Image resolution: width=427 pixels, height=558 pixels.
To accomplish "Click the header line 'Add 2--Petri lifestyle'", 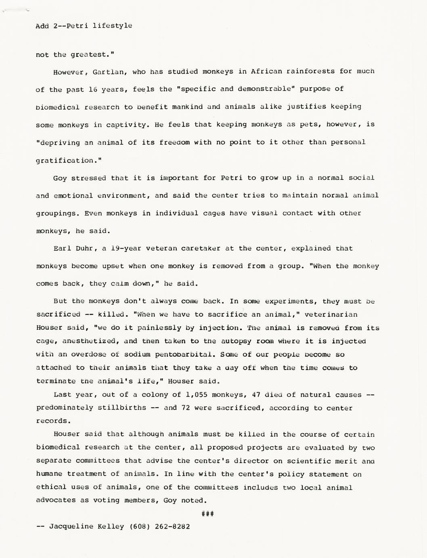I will (x=84, y=26).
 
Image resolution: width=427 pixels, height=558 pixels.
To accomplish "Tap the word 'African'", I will (x=266, y=72).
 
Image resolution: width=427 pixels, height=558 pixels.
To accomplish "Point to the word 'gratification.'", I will (x=69, y=161).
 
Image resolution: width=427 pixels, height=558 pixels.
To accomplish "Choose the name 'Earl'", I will (x=62, y=248).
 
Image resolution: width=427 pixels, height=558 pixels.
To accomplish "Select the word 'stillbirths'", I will (x=122, y=408).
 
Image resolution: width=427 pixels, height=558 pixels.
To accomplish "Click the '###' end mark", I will (x=207, y=514).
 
